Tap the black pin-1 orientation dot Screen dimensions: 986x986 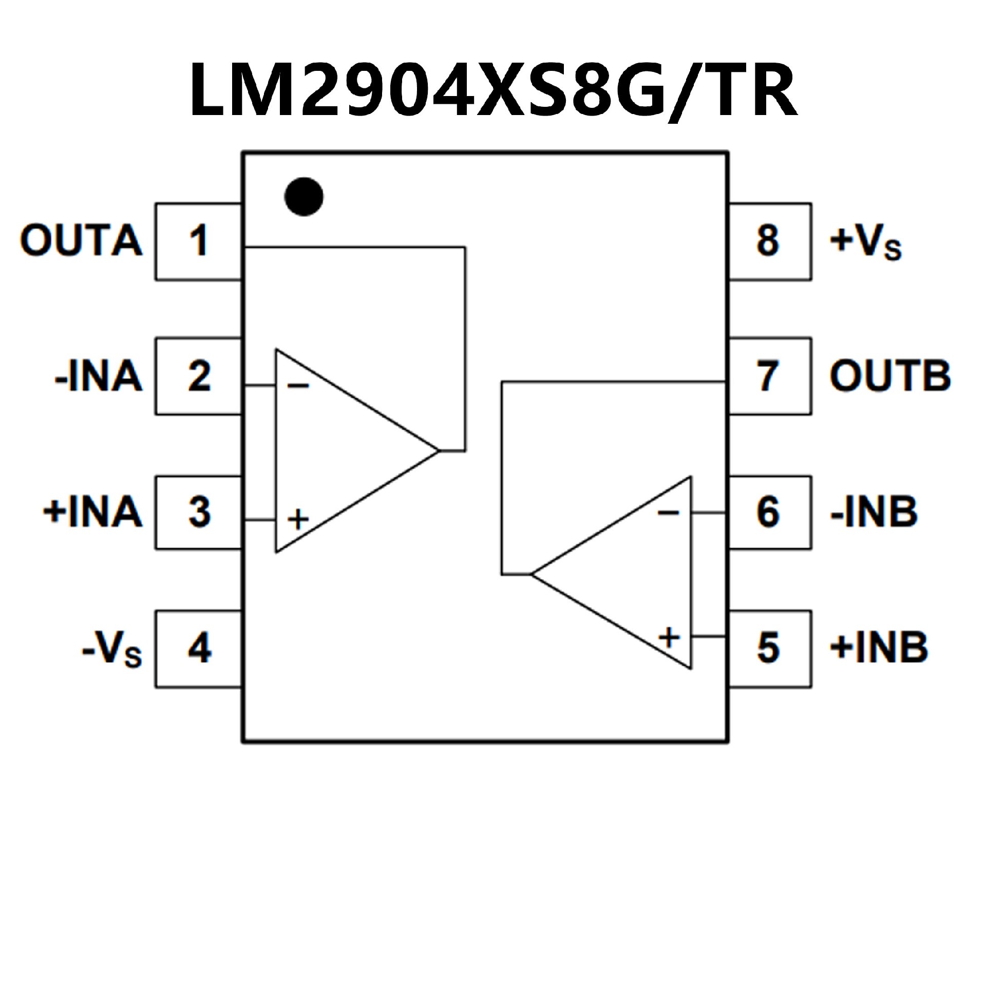304,197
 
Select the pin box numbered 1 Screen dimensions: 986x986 198,241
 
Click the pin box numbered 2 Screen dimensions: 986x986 198,376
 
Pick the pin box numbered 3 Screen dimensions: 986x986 198,512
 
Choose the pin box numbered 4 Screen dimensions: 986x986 198,648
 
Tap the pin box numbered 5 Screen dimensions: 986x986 769,648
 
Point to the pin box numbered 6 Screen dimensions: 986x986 769,512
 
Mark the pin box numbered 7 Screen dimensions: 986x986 769,376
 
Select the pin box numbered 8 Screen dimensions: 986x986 769,241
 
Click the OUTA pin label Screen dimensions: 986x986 81,240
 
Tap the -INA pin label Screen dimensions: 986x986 98,376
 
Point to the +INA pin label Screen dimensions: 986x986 92,512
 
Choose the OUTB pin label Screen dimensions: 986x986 890,376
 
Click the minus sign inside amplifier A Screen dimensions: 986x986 298,385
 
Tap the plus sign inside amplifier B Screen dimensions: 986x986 669,638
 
